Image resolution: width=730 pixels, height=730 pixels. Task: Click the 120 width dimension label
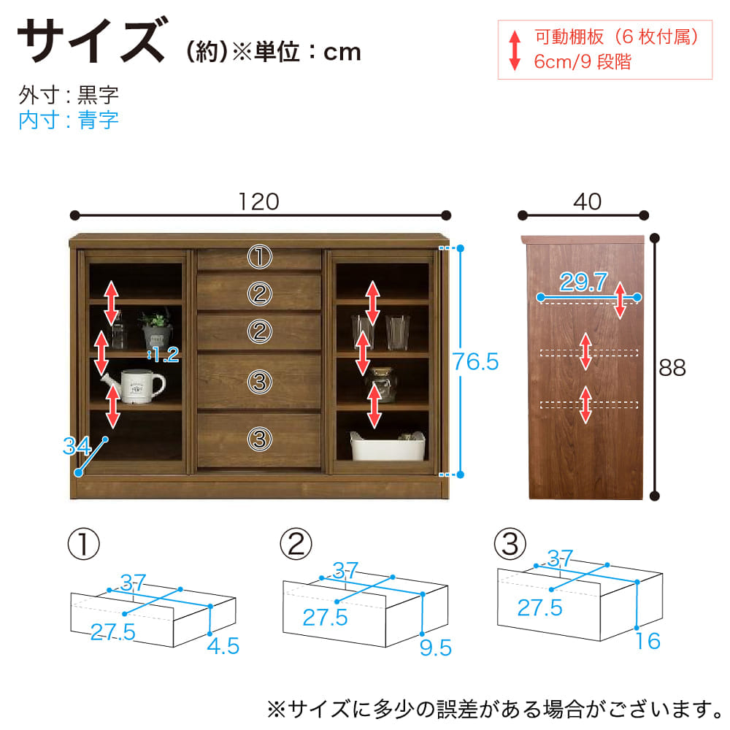point(259,201)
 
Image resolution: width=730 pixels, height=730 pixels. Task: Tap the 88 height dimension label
point(672,368)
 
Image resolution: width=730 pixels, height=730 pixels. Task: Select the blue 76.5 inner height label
point(475,362)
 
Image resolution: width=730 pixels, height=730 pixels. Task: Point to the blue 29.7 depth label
point(583,282)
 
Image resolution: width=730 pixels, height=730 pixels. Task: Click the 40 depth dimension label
point(587,201)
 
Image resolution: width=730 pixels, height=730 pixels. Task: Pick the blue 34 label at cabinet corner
point(77,446)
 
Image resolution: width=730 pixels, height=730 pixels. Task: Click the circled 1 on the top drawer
point(259,256)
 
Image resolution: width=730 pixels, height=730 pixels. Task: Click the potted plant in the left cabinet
point(156,328)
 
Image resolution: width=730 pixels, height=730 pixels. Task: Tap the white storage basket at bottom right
point(388,446)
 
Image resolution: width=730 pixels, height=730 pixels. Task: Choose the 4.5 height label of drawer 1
point(223,646)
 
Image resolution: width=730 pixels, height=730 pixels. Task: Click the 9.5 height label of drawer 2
point(435,648)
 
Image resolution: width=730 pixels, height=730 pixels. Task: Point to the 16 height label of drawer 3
point(648,641)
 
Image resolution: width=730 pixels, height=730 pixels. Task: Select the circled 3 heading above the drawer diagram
point(510,544)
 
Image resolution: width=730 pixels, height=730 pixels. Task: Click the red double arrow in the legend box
point(515,50)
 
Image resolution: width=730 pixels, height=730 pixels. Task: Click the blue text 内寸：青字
point(69,120)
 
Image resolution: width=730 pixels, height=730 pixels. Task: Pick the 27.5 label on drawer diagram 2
point(325,618)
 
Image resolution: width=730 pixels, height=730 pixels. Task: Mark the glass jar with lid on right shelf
point(383,385)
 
